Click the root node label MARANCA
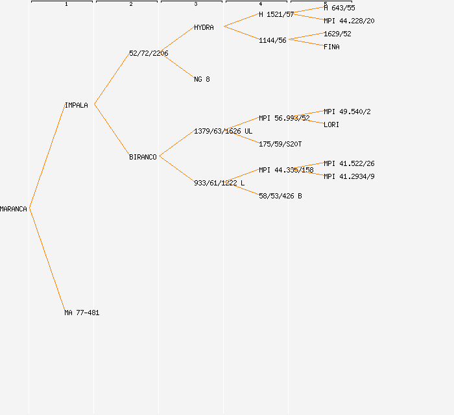click(x=14, y=209)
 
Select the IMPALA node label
click(x=77, y=105)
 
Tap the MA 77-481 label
click(x=82, y=313)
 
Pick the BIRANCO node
click(x=143, y=157)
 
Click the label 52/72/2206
click(x=149, y=53)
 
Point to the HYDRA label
click(x=204, y=27)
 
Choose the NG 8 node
click(x=202, y=79)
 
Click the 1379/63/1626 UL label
click(x=223, y=131)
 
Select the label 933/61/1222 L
click(x=219, y=183)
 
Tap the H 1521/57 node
click(x=276, y=14)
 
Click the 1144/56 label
click(x=272, y=40)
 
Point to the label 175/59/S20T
click(x=280, y=144)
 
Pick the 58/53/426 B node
click(x=280, y=196)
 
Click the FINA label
click(x=331, y=47)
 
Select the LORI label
click(x=331, y=124)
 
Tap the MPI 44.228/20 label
click(x=349, y=21)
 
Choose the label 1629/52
click(x=337, y=34)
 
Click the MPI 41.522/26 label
click(x=349, y=163)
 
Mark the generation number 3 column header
click(x=196, y=5)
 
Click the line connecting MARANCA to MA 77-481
click(x=47, y=260)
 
